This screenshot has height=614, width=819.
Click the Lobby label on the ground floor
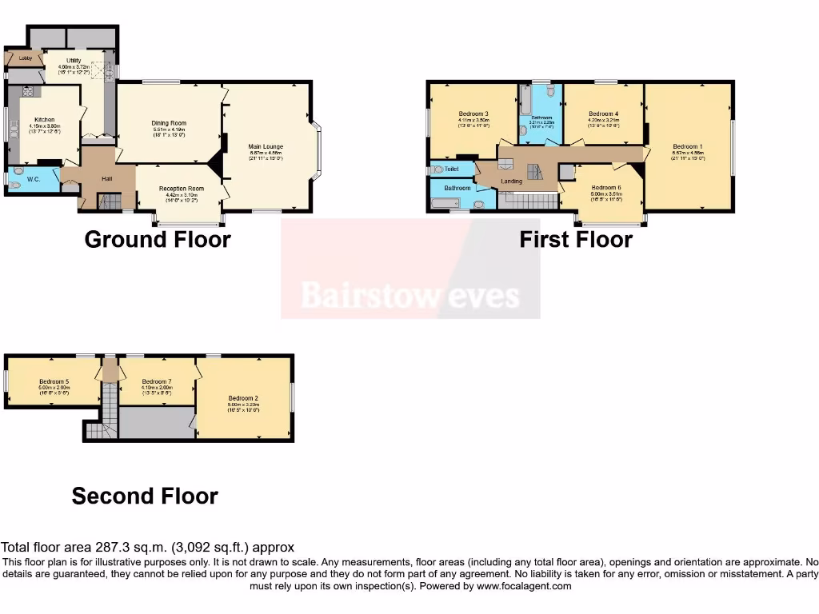pyautogui.click(x=14, y=58)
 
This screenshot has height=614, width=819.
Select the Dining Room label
pyautogui.click(x=169, y=123)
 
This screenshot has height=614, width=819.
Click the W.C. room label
pyautogui.click(x=33, y=178)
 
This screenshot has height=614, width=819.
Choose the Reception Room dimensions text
pyautogui.click(x=185, y=194)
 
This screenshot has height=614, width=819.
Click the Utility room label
pyautogui.click(x=74, y=61)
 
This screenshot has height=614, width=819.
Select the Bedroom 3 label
pyautogui.click(x=473, y=113)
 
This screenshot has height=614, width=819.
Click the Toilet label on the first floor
pyautogui.click(x=451, y=169)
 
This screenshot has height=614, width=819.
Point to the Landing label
pyautogui.click(x=511, y=181)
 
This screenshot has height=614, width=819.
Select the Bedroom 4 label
pyautogui.click(x=604, y=114)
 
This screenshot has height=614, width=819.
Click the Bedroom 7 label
pyautogui.click(x=155, y=381)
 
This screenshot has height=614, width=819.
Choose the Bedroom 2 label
pyautogui.click(x=243, y=398)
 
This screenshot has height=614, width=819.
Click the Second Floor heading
pyautogui.click(x=145, y=496)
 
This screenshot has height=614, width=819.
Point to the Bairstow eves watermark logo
pyautogui.click(x=410, y=296)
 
